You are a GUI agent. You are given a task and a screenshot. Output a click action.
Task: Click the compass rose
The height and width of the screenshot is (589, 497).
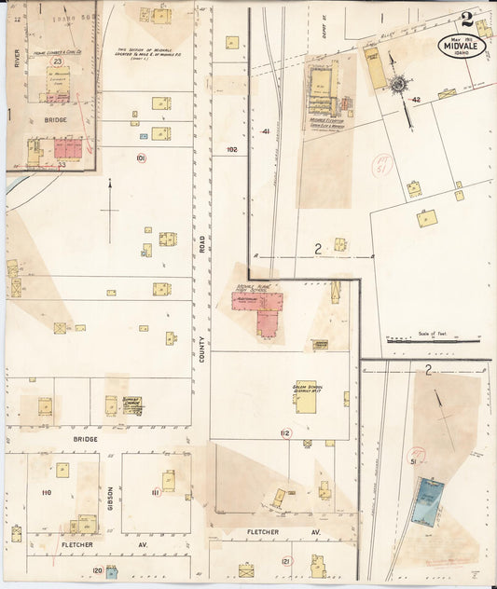tap(397, 85)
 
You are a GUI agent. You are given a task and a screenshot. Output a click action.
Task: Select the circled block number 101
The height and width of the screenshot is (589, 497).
tap(141, 158)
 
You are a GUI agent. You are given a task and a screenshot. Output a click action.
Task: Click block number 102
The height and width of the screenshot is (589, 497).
tap(231, 149)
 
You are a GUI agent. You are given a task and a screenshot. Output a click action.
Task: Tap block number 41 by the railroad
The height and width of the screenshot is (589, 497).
tap(265, 131)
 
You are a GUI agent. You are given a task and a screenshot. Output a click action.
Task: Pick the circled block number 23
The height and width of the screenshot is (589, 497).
tap(57, 61)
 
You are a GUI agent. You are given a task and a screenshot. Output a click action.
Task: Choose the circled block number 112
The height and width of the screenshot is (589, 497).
tap(284, 433)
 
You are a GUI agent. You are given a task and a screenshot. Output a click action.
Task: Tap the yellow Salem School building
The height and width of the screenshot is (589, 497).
tap(306, 395)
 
